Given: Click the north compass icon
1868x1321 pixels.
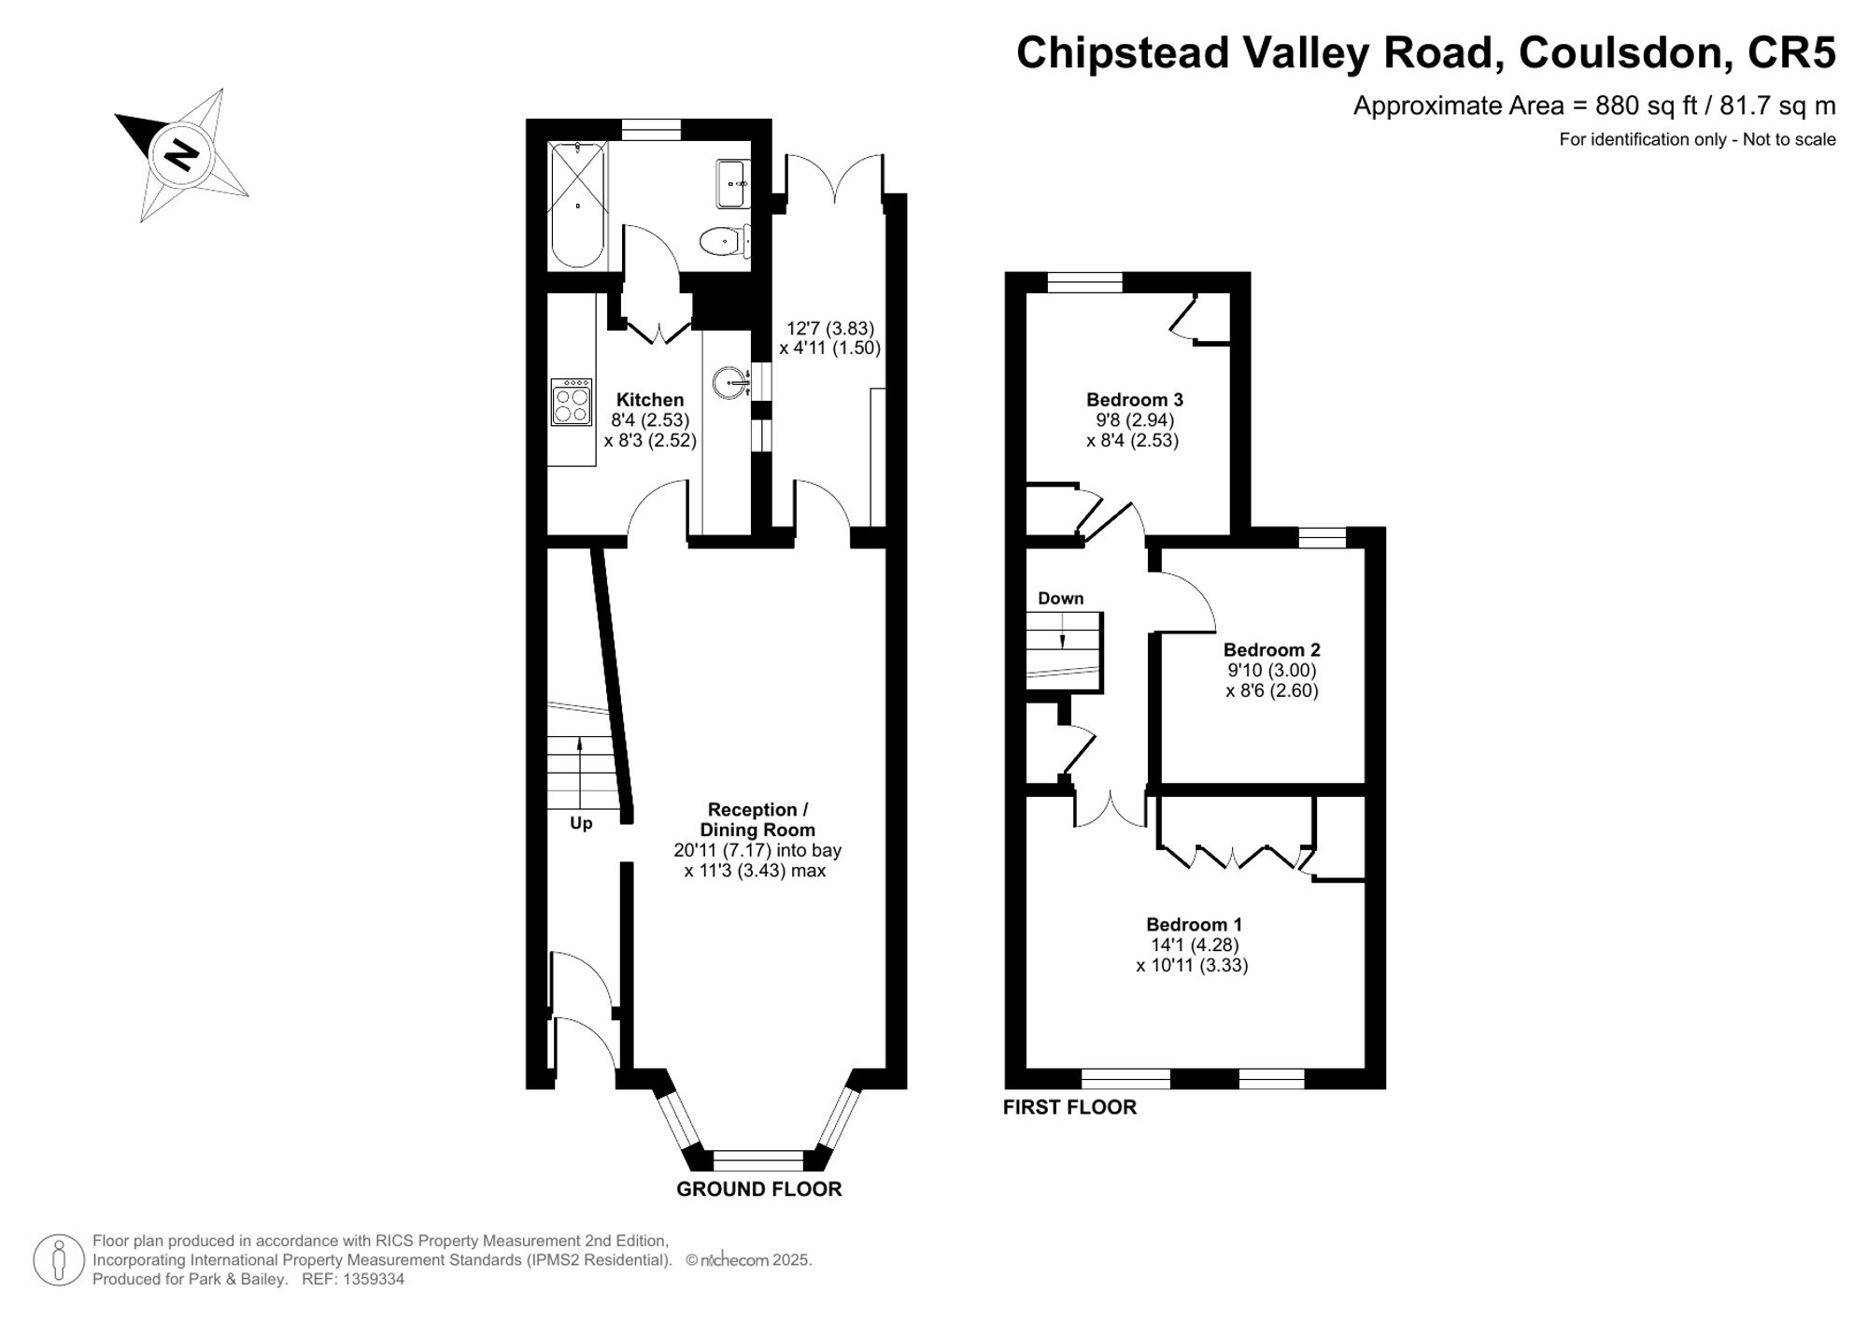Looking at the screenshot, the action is point(182,154).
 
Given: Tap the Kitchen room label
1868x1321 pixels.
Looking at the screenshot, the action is point(650,400).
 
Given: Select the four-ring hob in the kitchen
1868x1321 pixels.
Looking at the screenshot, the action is point(571,402).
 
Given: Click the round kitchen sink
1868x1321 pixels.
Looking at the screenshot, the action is point(730,382).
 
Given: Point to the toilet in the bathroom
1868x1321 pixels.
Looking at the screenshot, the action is point(725,241).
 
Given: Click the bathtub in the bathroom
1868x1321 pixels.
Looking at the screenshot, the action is point(577,205).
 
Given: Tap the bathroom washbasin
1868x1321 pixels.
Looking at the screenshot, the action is point(732,184).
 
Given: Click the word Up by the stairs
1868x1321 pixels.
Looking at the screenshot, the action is point(581,823).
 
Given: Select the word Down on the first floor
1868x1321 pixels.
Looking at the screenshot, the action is point(1061,598).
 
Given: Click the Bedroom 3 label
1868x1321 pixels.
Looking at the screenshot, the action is point(1135,400).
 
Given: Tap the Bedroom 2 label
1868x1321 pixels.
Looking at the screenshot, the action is point(1272,649).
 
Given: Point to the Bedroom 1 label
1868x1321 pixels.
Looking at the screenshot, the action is point(1195,924).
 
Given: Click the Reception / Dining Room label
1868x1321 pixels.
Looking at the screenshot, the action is point(757,819).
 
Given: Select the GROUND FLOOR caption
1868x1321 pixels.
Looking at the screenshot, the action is point(759,1188).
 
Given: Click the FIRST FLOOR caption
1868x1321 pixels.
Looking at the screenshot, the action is point(1069,1107).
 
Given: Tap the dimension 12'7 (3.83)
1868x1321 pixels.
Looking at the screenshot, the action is point(830,328).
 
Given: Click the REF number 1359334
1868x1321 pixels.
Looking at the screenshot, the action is point(372,1279).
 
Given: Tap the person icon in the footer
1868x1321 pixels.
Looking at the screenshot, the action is point(59,1260).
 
